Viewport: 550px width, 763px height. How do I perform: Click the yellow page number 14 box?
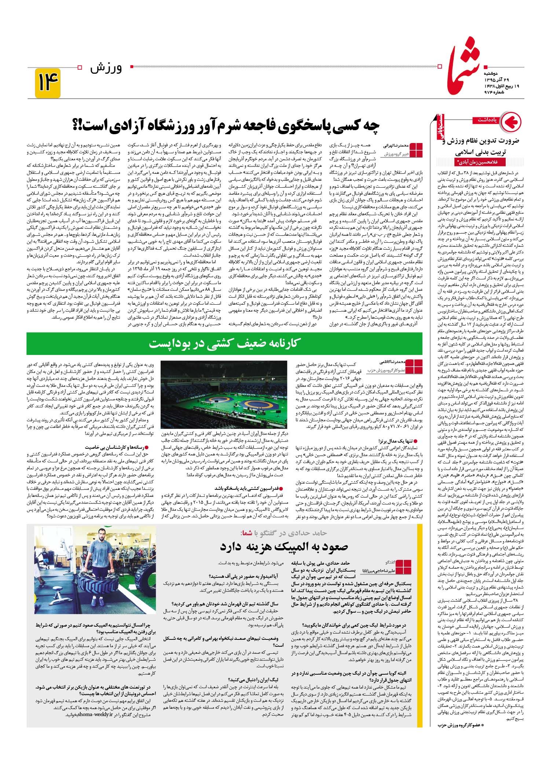pyautogui.click(x=48, y=83)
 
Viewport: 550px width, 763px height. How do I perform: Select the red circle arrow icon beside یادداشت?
pyautogui.click(x=511, y=121)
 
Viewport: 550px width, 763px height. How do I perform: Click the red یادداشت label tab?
pyautogui.click(x=487, y=120)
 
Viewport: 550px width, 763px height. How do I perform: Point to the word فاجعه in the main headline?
pyautogui.click(x=265, y=126)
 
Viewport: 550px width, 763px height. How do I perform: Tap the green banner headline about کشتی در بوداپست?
pyautogui.click(x=225, y=344)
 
